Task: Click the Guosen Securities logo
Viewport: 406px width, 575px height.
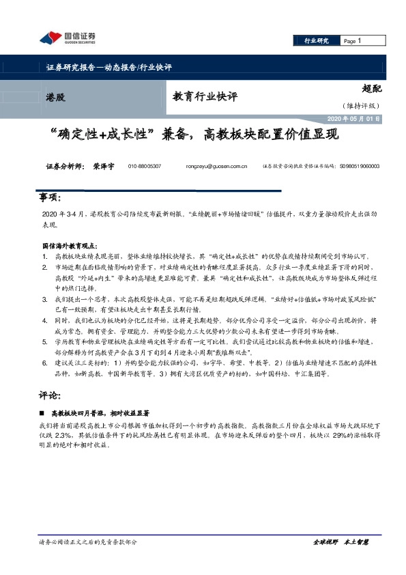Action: click(68, 38)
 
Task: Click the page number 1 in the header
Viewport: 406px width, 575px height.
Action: click(359, 41)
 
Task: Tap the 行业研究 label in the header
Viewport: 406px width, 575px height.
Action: click(316, 41)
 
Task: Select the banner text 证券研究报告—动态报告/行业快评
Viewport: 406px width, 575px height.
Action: click(108, 67)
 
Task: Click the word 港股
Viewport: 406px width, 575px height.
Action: click(56, 98)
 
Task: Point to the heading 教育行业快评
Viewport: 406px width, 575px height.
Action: click(205, 97)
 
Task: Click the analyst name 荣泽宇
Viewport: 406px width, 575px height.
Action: click(104, 166)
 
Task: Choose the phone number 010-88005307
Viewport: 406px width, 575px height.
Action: click(144, 166)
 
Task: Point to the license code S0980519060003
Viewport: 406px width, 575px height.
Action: click(360, 166)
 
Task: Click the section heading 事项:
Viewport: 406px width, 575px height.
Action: click(50, 198)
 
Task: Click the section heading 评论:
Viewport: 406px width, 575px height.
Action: click(50, 395)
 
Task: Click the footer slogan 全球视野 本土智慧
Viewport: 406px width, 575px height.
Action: click(341, 542)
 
